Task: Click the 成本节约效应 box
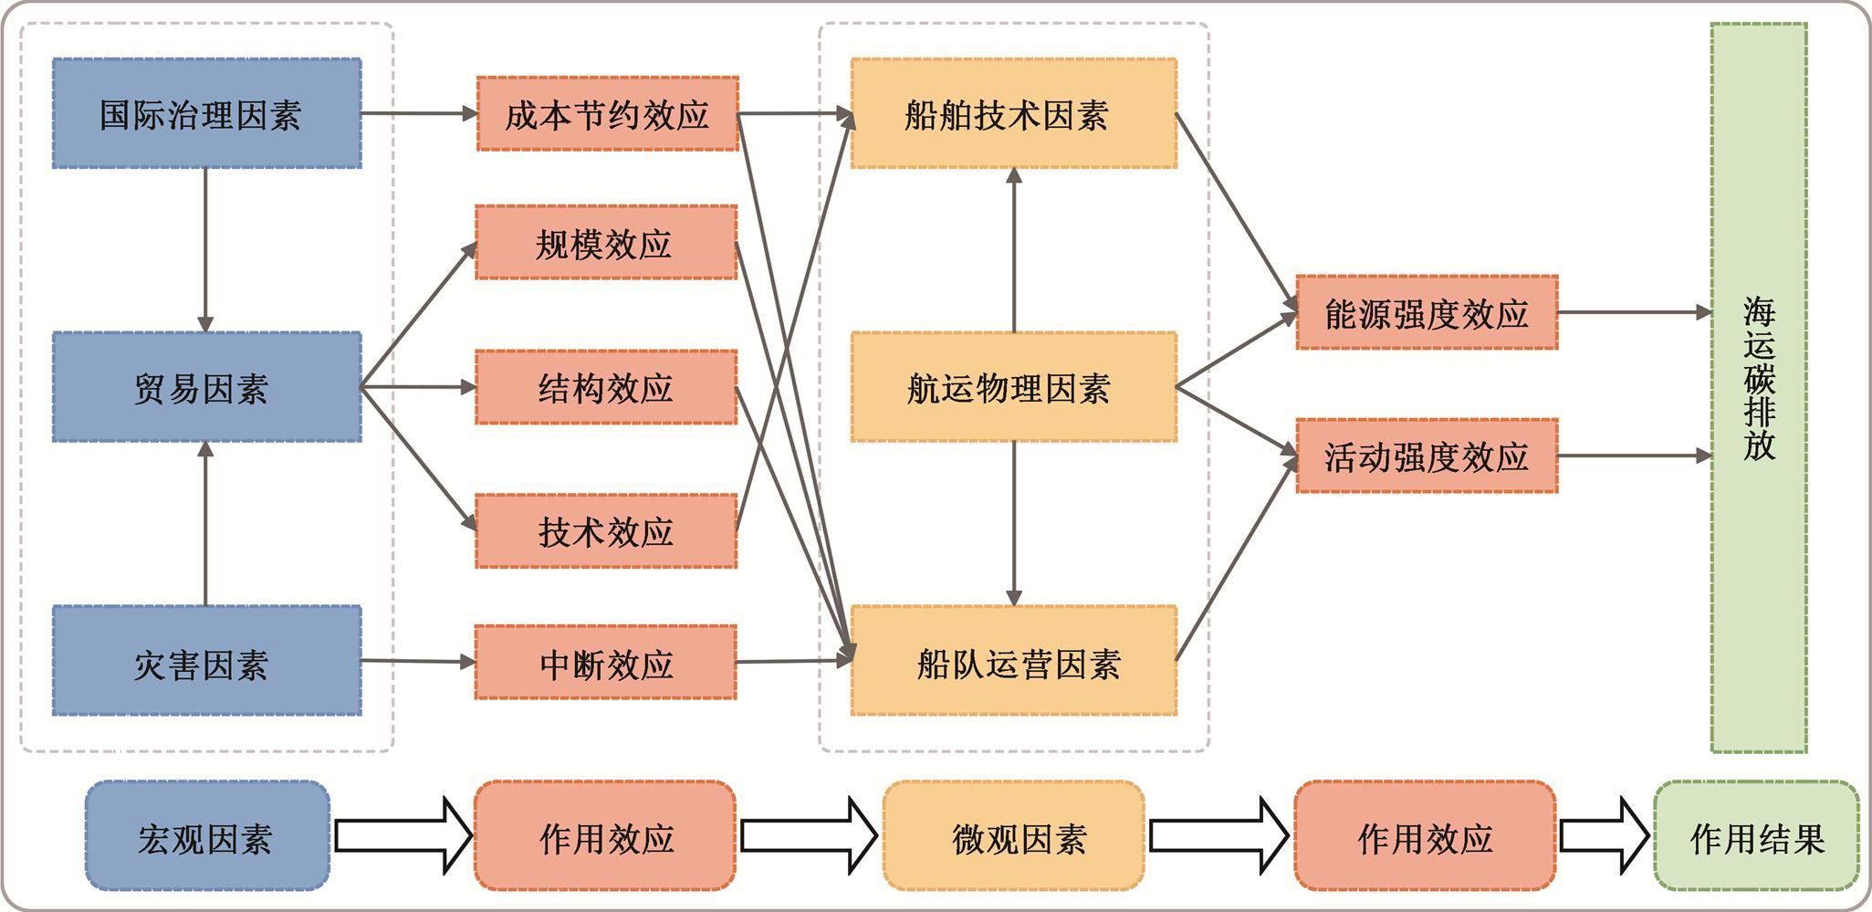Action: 607,114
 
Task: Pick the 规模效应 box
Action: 606,243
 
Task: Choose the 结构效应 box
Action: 606,387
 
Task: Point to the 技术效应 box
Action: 606,531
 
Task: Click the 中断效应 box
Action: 606,663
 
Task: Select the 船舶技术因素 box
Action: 1013,114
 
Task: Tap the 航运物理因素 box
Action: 1013,387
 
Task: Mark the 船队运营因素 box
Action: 1013,661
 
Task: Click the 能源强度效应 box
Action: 1427,313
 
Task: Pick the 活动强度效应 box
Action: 1427,456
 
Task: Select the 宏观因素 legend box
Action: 207,836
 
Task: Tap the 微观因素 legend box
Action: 1013,836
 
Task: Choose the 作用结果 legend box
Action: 1756,836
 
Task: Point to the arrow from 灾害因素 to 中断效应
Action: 418,661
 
